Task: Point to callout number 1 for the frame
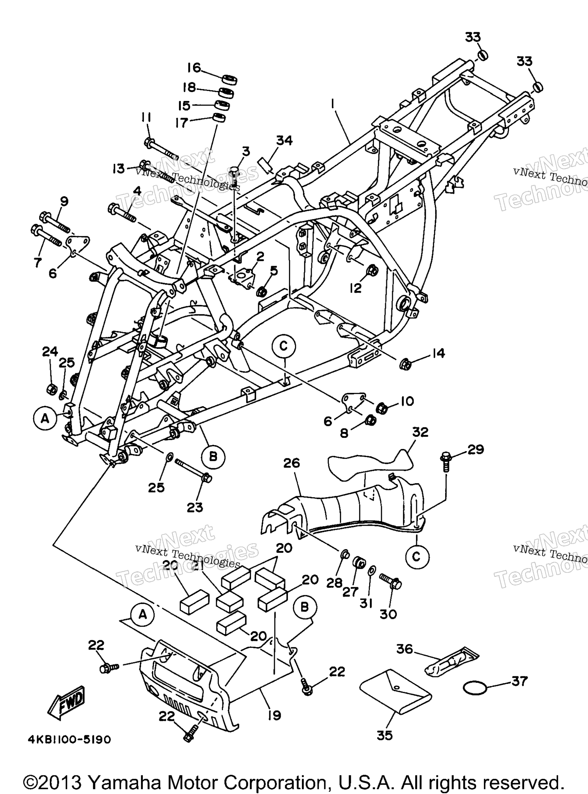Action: [x=333, y=105]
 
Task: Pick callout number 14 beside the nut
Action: [x=438, y=353]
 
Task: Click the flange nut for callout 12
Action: [x=372, y=270]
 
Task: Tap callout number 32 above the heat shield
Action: [x=420, y=432]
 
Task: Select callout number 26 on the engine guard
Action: [x=291, y=463]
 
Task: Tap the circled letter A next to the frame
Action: [x=45, y=419]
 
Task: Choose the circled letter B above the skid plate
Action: [x=304, y=607]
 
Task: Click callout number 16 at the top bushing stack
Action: [x=194, y=68]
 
